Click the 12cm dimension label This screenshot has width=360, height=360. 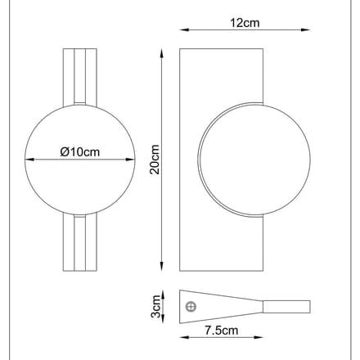click(x=245, y=23)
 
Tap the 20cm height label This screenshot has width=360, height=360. click(x=155, y=160)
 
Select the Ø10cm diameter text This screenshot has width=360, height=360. click(x=80, y=152)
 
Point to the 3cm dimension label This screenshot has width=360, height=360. click(x=155, y=306)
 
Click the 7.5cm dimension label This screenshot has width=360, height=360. click(x=222, y=331)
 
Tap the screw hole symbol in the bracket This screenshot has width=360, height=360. click(x=191, y=307)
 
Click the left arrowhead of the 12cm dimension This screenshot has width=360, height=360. click(x=184, y=29)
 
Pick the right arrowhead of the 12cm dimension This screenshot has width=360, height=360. click(x=306, y=29)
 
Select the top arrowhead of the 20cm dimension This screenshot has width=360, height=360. click(x=162, y=53)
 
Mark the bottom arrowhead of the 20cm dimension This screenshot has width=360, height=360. click(x=162, y=267)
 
